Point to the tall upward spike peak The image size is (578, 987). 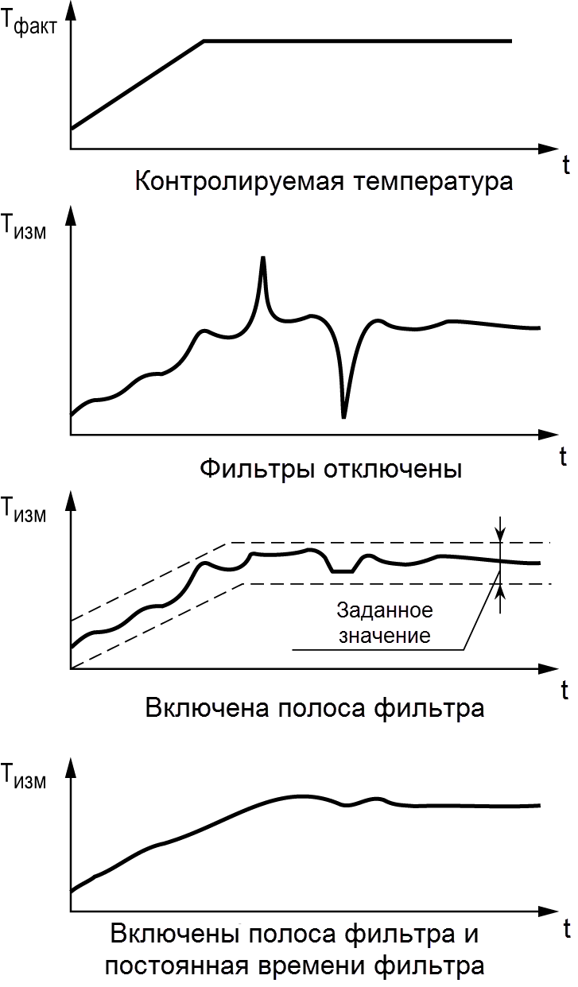[263, 259]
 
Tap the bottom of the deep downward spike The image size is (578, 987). [343, 416]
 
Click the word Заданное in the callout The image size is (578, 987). [385, 611]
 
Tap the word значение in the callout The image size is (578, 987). [385, 636]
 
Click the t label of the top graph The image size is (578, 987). [565, 165]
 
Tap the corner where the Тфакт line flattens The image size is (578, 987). [204, 41]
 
